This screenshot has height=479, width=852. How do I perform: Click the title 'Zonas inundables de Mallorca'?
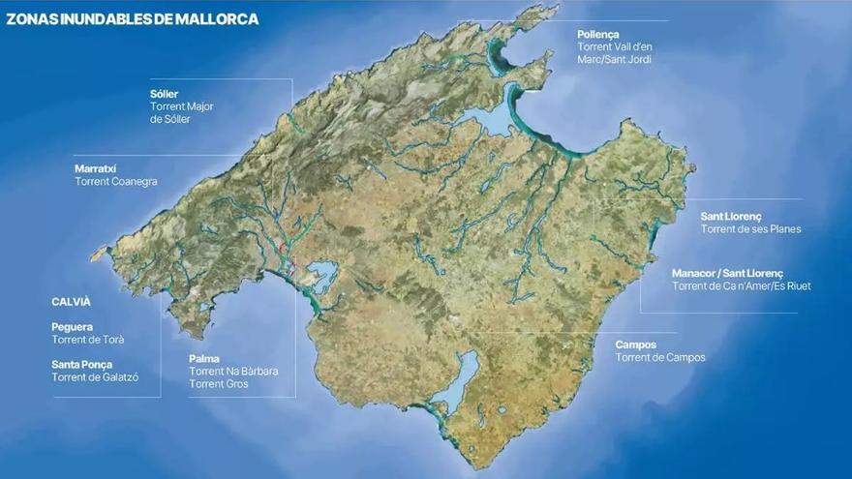pyautogui.click(x=133, y=18)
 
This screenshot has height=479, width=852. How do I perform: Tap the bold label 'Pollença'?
pyautogui.click(x=597, y=34)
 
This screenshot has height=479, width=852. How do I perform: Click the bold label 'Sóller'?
pyautogui.click(x=164, y=94)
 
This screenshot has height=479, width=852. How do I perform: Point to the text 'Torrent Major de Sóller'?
pyautogui.click(x=182, y=113)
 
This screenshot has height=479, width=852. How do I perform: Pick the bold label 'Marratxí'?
pyautogui.click(x=95, y=168)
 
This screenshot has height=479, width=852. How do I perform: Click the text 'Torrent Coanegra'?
pyautogui.click(x=115, y=182)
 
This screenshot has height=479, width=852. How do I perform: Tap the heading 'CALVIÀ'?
pyautogui.click(x=71, y=302)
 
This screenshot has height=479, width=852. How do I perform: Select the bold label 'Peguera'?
pyautogui.click(x=73, y=327)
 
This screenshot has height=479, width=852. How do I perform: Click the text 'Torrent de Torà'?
pyautogui.click(x=87, y=341)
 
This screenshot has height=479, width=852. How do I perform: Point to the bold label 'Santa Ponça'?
pyautogui.click(x=81, y=365)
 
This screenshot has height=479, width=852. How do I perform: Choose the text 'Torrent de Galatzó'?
pyautogui.click(x=94, y=378)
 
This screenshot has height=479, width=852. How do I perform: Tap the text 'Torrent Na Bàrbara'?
pyautogui.click(x=231, y=372)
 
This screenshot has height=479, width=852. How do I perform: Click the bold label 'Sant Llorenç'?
pyautogui.click(x=731, y=216)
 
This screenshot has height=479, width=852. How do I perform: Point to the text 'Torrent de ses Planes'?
pyautogui.click(x=750, y=229)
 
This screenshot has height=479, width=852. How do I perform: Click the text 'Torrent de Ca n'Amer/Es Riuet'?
pyautogui.click(x=741, y=286)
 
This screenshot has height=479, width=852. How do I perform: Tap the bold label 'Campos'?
pyautogui.click(x=636, y=344)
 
